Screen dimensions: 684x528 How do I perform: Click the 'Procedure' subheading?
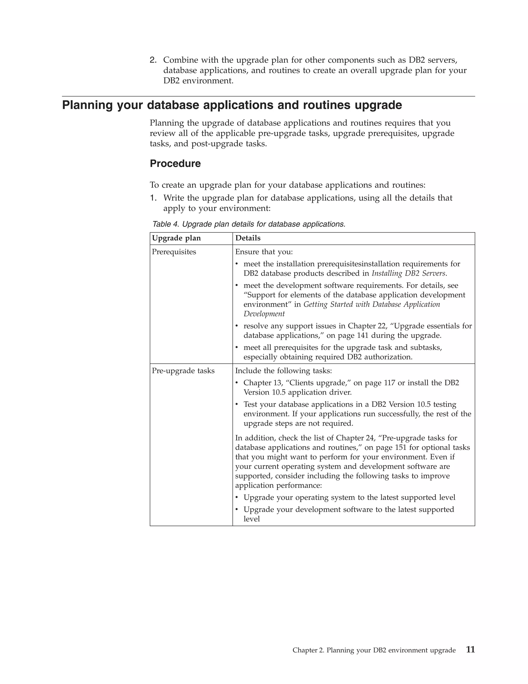pos(175,163)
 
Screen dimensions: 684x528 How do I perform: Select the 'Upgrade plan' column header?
pos(176,238)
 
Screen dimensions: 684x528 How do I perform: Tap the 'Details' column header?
pos(248,238)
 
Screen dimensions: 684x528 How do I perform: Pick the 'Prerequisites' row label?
pos(174,252)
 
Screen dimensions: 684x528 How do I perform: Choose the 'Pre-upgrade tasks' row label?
pos(183,371)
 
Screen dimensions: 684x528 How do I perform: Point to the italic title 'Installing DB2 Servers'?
pos(408,273)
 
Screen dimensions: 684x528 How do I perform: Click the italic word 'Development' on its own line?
pos(264,314)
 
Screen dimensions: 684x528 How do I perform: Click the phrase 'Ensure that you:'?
pos(264,252)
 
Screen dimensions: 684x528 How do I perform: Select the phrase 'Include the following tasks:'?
pos(283,371)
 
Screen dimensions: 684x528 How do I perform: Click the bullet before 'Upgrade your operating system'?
pos(237,498)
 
